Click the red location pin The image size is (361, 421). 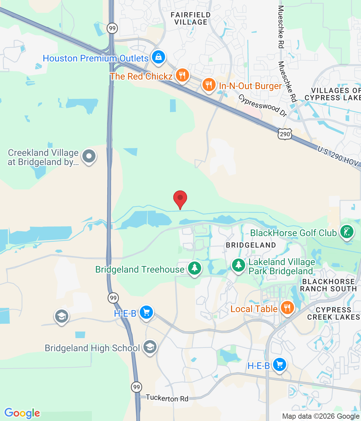[x=180, y=199]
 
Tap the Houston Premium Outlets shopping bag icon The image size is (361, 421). [x=159, y=57]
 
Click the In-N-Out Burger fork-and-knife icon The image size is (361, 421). [x=208, y=85]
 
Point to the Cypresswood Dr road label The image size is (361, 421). [x=263, y=106]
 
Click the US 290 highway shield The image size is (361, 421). [x=285, y=134]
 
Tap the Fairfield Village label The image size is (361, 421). [x=191, y=19]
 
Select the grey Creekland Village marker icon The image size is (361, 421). [x=89, y=156]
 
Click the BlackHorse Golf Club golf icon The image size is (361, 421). [x=347, y=232]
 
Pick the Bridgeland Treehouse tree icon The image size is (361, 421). [x=195, y=268]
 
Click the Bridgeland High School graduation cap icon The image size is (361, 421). [x=150, y=347]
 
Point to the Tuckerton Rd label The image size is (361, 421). [x=167, y=398]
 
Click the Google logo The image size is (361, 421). [x=22, y=413]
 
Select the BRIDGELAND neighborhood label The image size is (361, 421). [x=251, y=245]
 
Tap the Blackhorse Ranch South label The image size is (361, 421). [x=328, y=285]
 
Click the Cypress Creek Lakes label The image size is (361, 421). [x=333, y=313]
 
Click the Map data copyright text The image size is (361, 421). [x=321, y=416]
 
